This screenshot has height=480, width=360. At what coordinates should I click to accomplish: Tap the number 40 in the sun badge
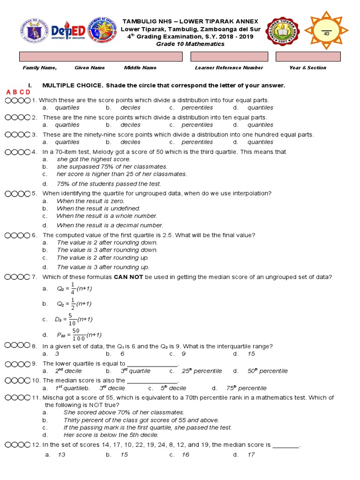(327, 34)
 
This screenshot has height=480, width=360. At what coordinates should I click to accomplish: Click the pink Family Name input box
(100, 56)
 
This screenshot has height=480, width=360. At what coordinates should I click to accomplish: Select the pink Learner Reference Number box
(229, 56)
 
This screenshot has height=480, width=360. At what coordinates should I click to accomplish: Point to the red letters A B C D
(18, 92)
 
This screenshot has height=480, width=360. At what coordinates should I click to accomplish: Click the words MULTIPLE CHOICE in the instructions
(72, 85)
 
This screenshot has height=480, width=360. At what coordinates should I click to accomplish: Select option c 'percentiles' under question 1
(197, 108)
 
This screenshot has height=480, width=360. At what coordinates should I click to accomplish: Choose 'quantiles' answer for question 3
(260, 142)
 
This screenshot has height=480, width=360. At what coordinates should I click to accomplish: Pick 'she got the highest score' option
(94, 159)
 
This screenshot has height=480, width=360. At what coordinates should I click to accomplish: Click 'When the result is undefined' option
(98, 209)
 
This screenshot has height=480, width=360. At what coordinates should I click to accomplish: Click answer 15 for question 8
(251, 354)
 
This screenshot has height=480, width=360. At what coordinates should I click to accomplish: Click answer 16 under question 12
(185, 455)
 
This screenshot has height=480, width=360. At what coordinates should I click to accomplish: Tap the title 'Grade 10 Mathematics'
(190, 44)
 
